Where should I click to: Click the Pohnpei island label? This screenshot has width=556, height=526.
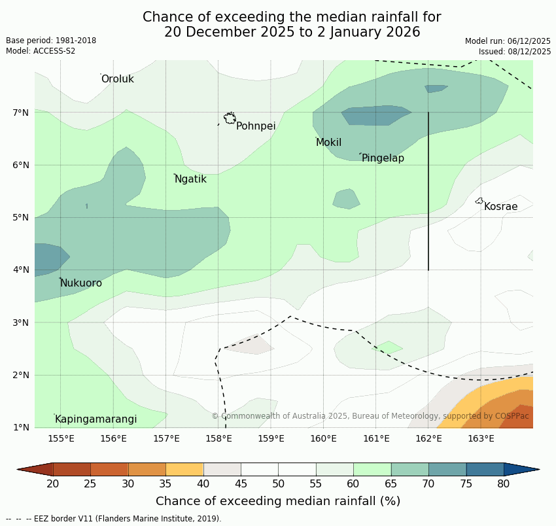point(256,126)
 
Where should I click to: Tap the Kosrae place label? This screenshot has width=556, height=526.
point(500,207)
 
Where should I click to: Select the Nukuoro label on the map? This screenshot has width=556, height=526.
point(81,283)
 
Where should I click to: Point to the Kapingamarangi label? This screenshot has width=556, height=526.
point(96,419)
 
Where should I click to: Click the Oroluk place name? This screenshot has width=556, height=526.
point(117,79)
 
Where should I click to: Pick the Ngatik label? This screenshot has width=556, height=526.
point(190,179)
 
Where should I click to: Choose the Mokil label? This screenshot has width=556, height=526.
point(328,143)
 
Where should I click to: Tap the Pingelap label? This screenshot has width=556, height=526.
point(383,158)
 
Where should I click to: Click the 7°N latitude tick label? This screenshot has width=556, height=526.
point(21,113)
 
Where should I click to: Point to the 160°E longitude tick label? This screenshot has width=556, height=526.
point(323,438)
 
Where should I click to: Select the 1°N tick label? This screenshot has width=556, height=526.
point(21,427)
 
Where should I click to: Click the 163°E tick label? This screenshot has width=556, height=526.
point(481,438)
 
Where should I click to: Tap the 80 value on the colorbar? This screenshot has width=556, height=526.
point(504,484)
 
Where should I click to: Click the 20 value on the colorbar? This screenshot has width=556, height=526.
point(53,484)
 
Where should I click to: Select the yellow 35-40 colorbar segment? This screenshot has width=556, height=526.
point(184,469)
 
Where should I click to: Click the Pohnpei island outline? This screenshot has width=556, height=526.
point(230,118)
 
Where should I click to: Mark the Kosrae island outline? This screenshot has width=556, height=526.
point(479,201)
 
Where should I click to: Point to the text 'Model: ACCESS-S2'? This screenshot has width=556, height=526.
point(41,51)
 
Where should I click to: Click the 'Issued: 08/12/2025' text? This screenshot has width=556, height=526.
point(514,51)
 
